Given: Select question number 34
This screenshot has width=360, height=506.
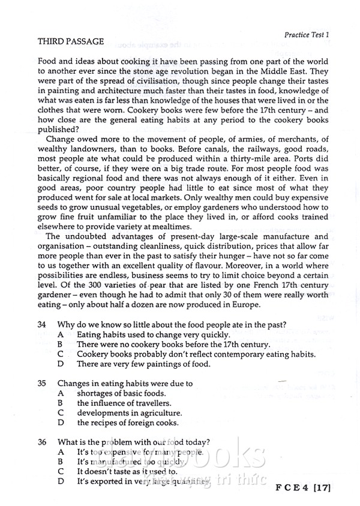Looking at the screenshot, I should (42, 324).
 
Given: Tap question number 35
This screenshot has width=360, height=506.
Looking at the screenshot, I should (42, 383).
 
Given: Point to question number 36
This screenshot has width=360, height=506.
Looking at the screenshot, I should (42, 442).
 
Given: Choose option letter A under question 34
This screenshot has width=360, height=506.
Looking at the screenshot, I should (61, 334).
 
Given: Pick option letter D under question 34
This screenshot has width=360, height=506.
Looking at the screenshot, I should (61, 363).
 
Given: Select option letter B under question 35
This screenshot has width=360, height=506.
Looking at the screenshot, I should (61, 403).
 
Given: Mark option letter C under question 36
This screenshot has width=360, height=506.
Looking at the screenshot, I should (61, 471).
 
